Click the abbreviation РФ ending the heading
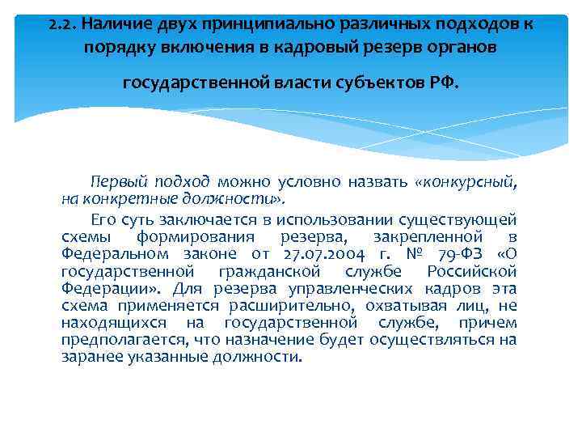tap(445, 83)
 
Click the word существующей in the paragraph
tap(458, 219)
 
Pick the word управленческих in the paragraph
tap(338, 289)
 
